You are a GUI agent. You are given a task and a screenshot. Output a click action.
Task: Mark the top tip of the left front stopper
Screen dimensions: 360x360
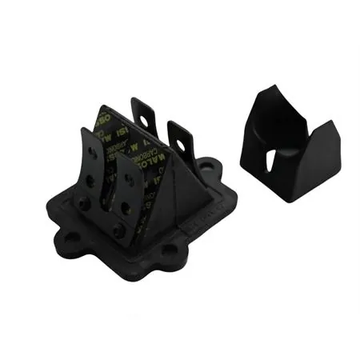click(x=86, y=129)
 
